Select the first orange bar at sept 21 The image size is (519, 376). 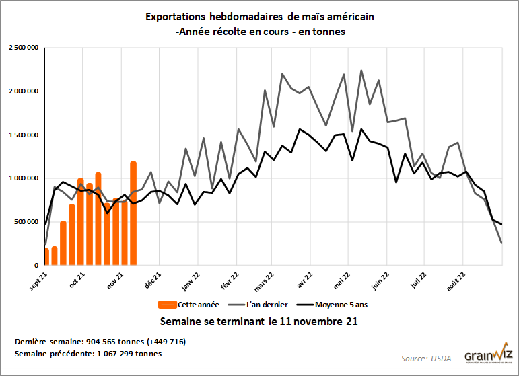pos(46,256)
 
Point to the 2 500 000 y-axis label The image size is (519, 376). pos(22,48)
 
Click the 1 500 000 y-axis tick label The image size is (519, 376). pos(22,135)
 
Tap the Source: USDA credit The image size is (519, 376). pos(427,359)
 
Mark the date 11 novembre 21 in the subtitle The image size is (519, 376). pos(314,322)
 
